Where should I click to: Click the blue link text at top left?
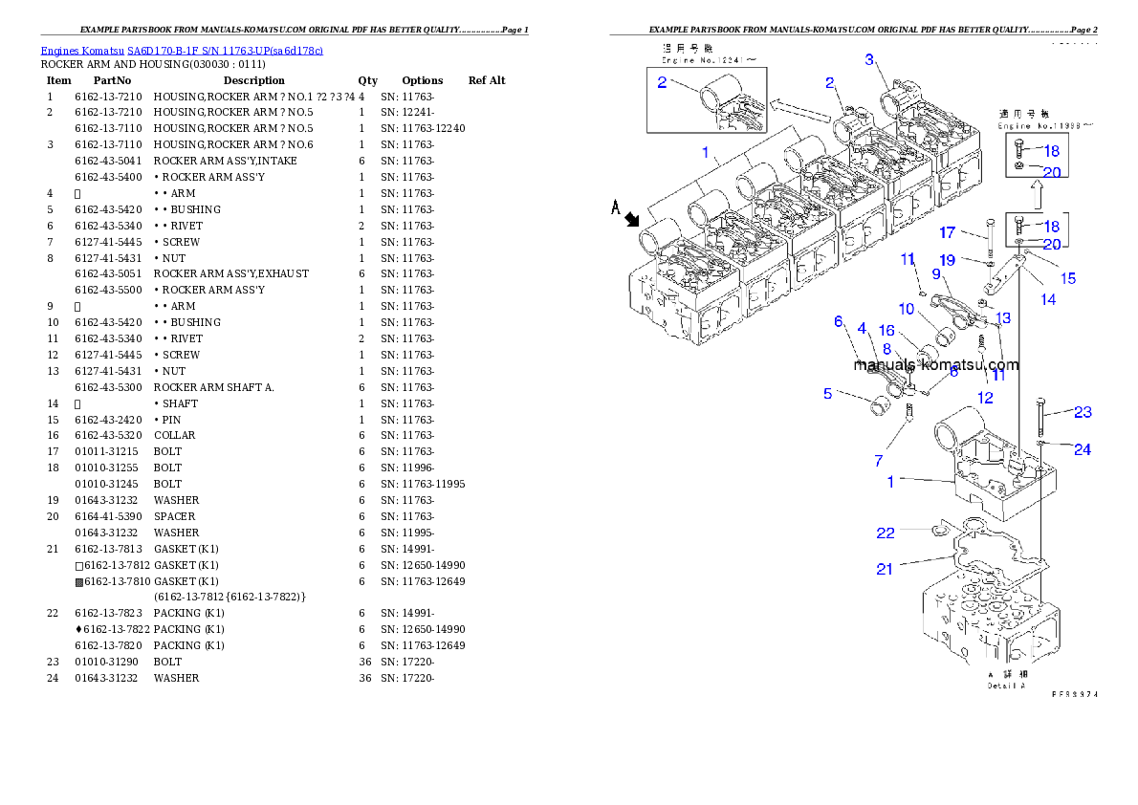[x=182, y=50]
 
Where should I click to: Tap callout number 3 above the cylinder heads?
[x=869, y=60]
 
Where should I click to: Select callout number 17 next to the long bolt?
[x=947, y=232]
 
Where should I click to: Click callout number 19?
[x=947, y=260]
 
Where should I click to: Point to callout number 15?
[x=1067, y=278]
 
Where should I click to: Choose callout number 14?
[x=1048, y=299]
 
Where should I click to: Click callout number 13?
[x=1002, y=317]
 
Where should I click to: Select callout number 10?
[x=906, y=309]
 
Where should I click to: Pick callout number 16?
[x=886, y=331]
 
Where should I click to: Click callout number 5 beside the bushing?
[x=827, y=393]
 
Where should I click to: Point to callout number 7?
[x=878, y=461]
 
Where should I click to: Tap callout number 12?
[x=985, y=397]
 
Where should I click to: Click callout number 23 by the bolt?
[x=1082, y=413]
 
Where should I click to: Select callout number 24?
[x=1082, y=449]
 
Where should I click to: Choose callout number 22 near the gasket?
[x=886, y=532]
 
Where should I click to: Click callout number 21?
[x=885, y=569]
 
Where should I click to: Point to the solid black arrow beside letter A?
[x=632, y=220]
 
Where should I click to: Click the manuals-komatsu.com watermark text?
[x=936, y=364]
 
